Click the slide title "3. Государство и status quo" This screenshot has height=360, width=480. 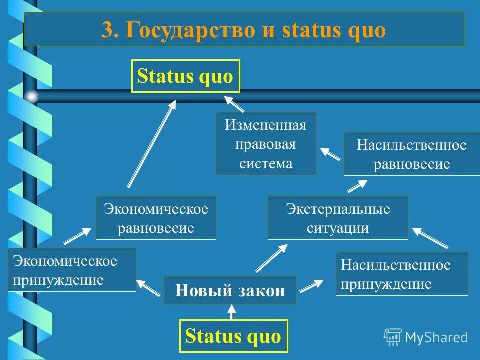pos(244,30)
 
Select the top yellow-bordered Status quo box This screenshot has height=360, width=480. pos(185,76)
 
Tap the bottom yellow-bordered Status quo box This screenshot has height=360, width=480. pos(233,336)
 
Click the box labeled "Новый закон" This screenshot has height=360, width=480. pos(230,290)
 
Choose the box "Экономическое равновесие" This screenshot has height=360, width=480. pos(156,218)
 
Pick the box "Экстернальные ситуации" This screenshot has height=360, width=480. pos(338,218)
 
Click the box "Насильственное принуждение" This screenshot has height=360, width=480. pos(401,274)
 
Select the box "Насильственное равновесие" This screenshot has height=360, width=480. pos(411,154)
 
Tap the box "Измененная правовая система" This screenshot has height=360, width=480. pos(266,144)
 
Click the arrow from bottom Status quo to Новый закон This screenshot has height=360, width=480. pos(231,311)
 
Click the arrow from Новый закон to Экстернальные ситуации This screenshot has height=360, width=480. pos(271,258)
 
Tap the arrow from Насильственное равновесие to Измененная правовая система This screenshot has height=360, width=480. pos(330,153)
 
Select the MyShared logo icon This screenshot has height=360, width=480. pos(392,337)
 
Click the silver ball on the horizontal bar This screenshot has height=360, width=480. pos(32,96)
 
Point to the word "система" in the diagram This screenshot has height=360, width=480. pos(266,163)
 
